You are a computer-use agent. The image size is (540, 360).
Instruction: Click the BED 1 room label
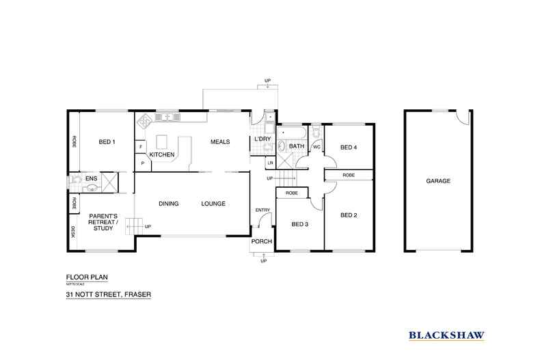click(x=107, y=142)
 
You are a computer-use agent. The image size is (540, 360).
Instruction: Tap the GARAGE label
click(x=438, y=181)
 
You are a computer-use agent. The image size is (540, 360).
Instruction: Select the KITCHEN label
click(x=162, y=155)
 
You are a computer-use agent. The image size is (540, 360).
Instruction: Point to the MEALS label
click(x=219, y=142)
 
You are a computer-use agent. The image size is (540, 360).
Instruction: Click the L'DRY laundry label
click(x=263, y=140)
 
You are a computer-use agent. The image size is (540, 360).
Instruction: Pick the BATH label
click(x=297, y=146)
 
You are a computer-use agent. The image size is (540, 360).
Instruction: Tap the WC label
click(x=316, y=146)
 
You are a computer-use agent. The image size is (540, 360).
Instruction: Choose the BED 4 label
click(x=349, y=147)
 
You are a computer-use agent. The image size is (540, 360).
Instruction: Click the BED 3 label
click(x=300, y=223)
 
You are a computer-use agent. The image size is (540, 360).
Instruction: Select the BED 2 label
click(x=349, y=215)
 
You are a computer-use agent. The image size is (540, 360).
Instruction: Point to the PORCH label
click(x=262, y=242)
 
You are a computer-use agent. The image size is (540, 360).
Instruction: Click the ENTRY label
click(x=262, y=210)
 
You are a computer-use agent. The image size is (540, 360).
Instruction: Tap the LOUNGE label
click(x=213, y=204)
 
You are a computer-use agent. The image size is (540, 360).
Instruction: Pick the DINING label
click(x=169, y=204)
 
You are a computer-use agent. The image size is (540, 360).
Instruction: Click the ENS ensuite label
click(x=92, y=178)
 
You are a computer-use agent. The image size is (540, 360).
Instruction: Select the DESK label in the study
click(x=73, y=232)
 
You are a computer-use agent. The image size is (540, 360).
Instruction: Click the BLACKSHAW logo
click(x=447, y=335)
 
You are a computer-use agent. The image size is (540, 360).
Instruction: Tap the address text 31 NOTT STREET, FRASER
click(x=108, y=294)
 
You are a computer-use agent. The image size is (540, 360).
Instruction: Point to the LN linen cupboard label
click(x=271, y=163)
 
